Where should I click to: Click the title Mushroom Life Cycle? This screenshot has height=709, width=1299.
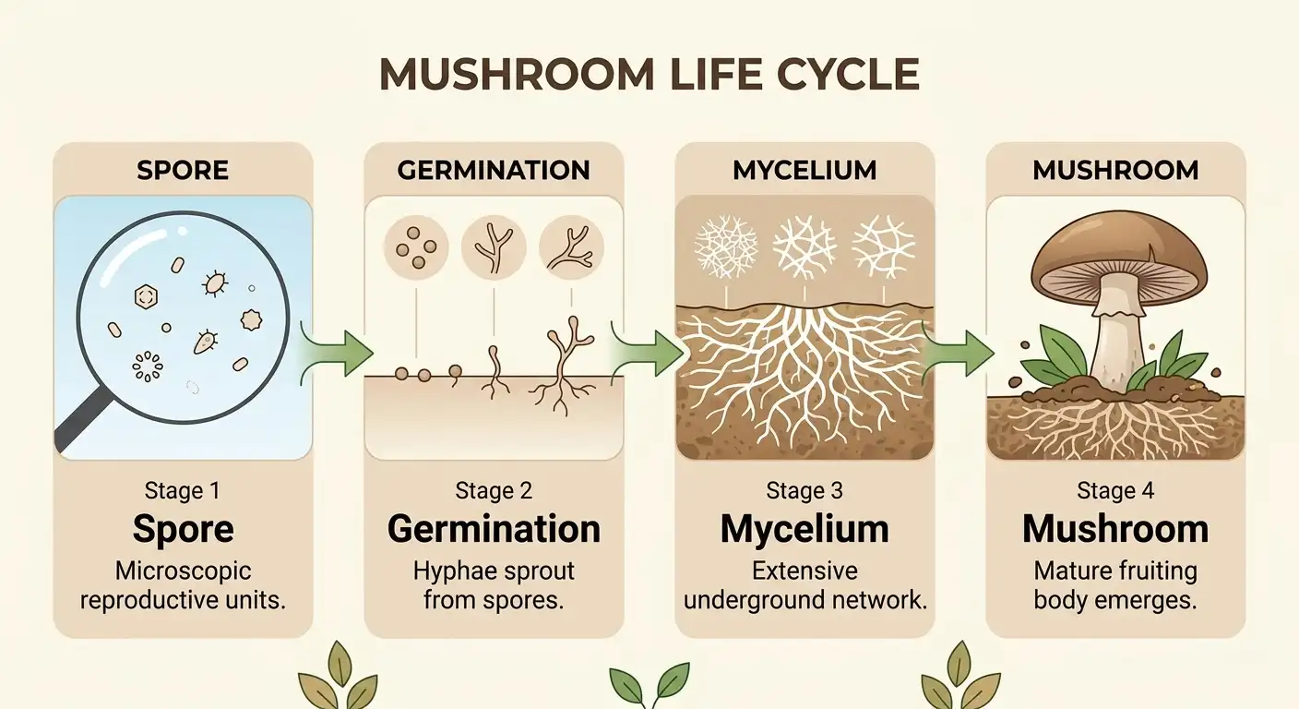click(649, 75)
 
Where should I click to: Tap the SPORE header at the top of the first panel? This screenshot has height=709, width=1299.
click(183, 171)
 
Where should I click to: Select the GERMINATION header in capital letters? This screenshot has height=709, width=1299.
click(494, 171)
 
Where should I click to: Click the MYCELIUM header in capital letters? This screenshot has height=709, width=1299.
click(804, 171)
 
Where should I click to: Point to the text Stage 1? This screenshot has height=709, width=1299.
click(183, 490)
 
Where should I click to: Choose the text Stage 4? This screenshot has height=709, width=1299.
click(1115, 490)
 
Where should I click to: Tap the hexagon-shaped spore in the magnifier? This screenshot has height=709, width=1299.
click(145, 296)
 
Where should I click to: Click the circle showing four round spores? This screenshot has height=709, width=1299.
click(414, 248)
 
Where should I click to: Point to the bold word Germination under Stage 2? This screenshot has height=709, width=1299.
click(494, 529)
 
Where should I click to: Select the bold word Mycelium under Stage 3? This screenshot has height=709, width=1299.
click(804, 529)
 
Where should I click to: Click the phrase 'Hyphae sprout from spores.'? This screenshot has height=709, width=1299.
click(494, 585)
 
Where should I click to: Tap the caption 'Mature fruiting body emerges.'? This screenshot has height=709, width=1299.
click(1115, 585)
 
